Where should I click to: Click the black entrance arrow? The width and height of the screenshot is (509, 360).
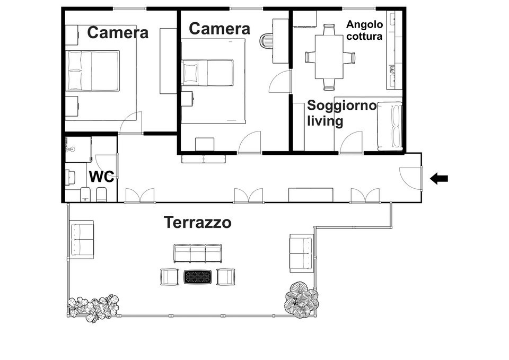coord(439,179)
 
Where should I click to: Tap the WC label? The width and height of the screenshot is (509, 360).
coord(101,177)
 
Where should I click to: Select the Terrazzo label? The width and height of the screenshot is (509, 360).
coord(197,222)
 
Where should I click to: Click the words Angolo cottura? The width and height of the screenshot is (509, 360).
coord(364,30)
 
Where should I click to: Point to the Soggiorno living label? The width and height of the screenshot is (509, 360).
coord(341,113)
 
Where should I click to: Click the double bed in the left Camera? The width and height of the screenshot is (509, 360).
coord(93,71)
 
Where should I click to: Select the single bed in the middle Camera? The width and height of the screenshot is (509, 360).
coord(207,73)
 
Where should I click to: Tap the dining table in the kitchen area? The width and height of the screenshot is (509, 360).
coord(330,57)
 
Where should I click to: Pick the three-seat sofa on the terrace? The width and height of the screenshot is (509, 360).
coord(197,253)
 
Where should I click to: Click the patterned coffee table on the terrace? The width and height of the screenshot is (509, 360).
coord(198,277)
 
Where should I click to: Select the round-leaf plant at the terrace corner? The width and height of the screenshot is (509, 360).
coord(301,300)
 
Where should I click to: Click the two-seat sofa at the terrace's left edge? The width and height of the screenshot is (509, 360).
coord(82,240)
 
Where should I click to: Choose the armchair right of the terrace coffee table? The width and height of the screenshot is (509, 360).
coord(225,277)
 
